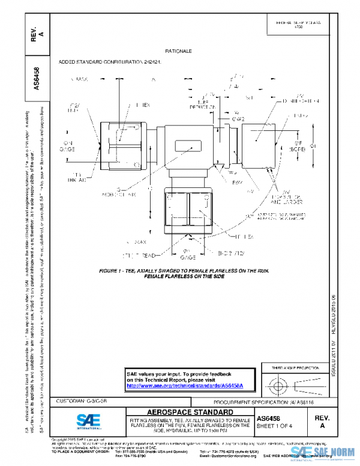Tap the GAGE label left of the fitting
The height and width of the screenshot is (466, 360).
click(x=68, y=146)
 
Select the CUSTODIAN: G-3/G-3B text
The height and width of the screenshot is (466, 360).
click(x=82, y=399)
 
